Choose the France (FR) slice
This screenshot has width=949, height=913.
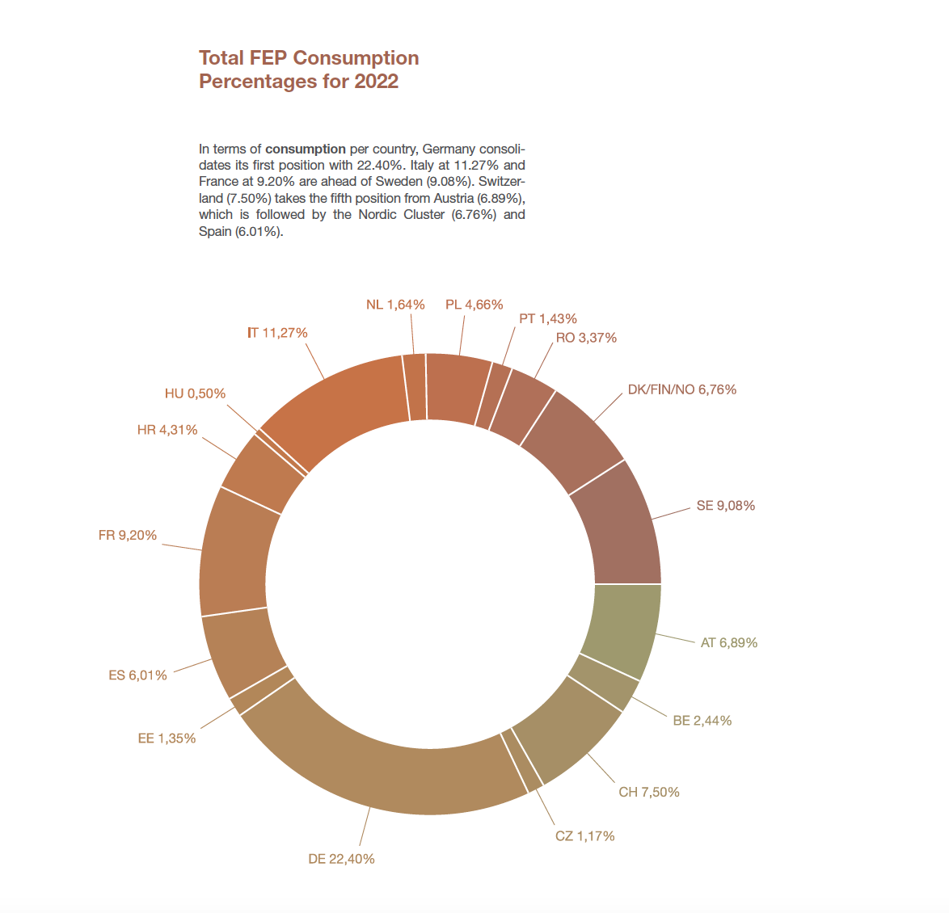pyautogui.click(x=234, y=553)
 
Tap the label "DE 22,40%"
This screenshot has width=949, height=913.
pyautogui.click(x=341, y=859)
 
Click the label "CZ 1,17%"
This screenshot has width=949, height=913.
pyautogui.click(x=584, y=836)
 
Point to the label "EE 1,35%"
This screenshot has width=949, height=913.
pyautogui.click(x=167, y=738)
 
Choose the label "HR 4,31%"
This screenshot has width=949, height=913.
pyautogui.click(x=167, y=430)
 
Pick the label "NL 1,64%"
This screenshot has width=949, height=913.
pyautogui.click(x=395, y=305)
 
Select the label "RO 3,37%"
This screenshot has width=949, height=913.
pyautogui.click(x=586, y=338)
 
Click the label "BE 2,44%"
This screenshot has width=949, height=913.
pyautogui.click(x=702, y=721)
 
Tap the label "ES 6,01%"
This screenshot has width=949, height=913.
pyautogui.click(x=137, y=675)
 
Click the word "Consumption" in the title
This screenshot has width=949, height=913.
pyautogui.click(x=356, y=58)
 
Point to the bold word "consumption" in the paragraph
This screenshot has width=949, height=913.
pyautogui.click(x=306, y=149)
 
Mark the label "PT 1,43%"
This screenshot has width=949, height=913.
pyautogui.click(x=547, y=319)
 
